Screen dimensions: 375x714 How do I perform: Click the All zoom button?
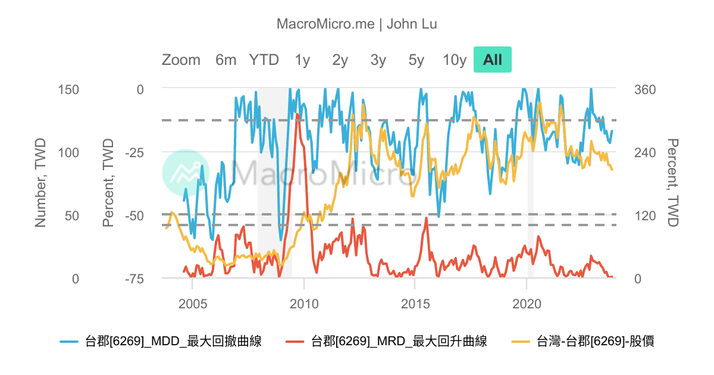click(493, 60)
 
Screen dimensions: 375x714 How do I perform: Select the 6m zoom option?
click(226, 60)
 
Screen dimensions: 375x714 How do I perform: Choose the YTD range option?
click(264, 60)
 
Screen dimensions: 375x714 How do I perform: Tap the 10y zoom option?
click(455, 60)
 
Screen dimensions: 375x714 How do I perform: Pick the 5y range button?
click(416, 60)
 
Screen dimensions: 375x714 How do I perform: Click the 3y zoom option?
click(378, 60)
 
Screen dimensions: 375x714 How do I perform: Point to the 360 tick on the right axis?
click(645, 89)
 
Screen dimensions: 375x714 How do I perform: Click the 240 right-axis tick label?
click(645, 152)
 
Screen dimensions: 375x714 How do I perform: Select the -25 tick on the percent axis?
click(134, 152)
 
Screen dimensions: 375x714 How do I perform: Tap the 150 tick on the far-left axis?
click(68, 89)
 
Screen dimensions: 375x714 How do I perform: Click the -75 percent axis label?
click(134, 279)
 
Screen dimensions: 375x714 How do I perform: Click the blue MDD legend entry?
click(161, 341)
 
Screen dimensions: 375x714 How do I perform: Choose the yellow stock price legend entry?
click(583, 341)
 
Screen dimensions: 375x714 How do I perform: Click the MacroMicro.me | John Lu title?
click(357, 24)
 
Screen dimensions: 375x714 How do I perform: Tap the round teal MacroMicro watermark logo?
click(186, 173)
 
